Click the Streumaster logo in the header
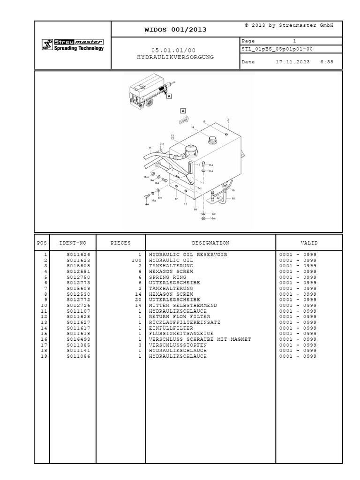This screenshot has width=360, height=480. point(72,45)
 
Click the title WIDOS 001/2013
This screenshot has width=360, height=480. point(176,30)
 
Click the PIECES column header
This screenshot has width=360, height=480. point(120,243)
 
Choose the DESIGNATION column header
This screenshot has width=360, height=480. point(210,243)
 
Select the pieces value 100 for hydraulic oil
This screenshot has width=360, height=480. point(136,260)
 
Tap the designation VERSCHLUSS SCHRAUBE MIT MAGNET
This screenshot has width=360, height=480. point(200,339)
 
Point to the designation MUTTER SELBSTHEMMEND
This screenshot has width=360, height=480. point(183,305)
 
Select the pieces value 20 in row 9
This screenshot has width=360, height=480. point(138,300)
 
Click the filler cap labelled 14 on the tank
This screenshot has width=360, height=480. point(214,140)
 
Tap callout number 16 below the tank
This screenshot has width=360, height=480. point(195,210)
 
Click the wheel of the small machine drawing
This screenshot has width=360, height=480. point(149,103)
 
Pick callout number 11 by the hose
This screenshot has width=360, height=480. point(150,148)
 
